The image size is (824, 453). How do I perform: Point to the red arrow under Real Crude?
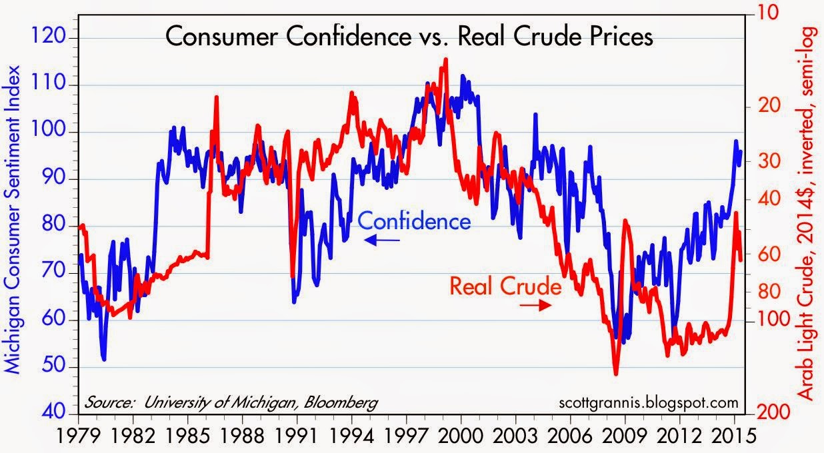coord(535,305)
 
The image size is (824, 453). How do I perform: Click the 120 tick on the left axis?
coord(57,37)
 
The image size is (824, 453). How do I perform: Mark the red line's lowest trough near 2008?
coord(616,374)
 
